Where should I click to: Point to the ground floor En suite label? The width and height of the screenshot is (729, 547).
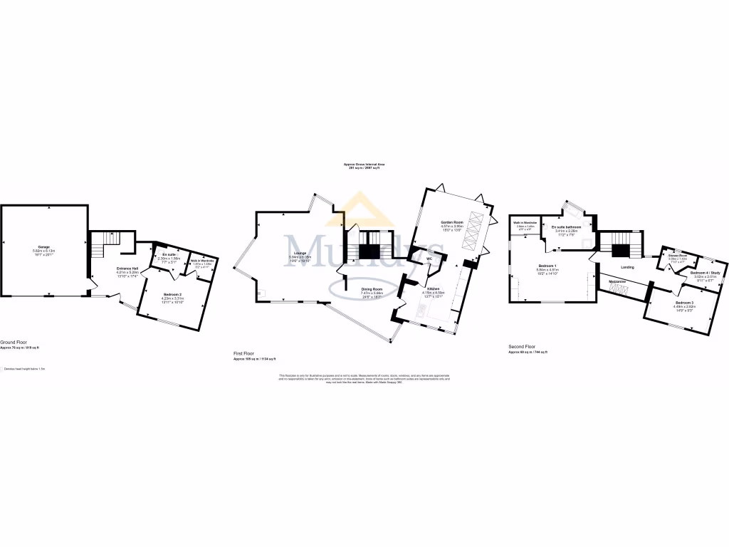169,254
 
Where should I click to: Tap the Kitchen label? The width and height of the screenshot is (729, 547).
434,289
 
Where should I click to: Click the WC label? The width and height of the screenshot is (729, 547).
429,259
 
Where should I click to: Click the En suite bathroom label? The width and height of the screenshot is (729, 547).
567,226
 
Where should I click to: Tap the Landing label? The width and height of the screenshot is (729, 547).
627,267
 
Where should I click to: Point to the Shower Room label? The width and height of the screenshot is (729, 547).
677,255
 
